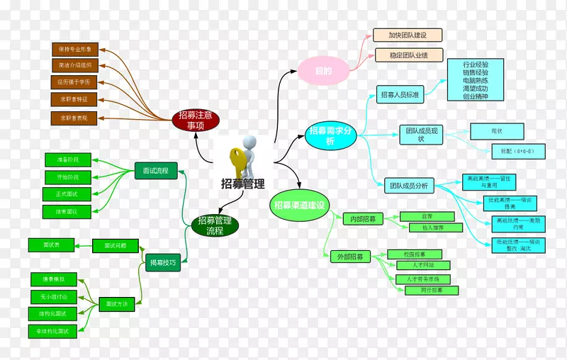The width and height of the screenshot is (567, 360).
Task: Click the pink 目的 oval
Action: pos(324,71)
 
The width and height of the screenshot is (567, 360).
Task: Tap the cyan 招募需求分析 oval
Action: pos(330,136)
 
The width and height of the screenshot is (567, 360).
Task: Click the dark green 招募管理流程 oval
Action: pos(215,225)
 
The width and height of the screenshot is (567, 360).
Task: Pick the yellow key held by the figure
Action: pos(237,162)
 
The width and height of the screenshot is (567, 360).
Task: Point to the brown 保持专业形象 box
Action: pos(74,50)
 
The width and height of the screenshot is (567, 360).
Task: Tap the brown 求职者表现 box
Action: pos(74,118)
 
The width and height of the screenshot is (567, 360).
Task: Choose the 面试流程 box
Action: pos(155,171)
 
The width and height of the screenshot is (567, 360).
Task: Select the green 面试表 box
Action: pos(51,244)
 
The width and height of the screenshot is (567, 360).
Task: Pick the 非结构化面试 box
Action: pos(53,331)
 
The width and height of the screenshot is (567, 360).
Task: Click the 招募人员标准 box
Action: pos(400,94)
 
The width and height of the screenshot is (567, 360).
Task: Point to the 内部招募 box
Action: pos(363,219)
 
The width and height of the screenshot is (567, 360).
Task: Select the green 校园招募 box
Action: pos(415,254)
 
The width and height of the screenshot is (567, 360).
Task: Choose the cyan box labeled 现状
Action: pos(496,131)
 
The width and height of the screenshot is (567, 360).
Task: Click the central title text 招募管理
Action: pos(242,184)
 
